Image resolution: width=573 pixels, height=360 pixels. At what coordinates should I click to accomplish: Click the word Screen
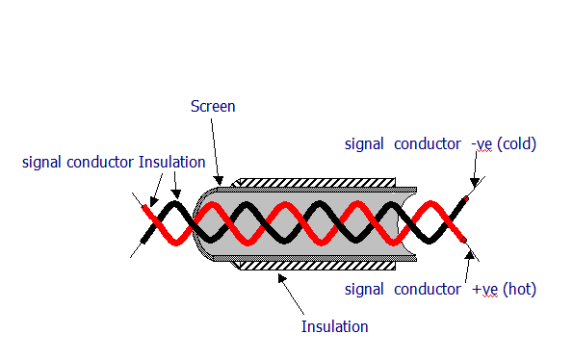click(213, 107)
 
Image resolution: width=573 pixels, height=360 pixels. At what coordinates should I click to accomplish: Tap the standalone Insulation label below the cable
click(334, 326)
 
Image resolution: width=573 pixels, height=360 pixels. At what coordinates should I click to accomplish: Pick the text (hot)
click(519, 289)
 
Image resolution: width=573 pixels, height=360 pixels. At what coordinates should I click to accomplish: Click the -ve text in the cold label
click(482, 144)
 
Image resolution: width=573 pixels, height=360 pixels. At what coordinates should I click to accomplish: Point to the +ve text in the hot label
click(484, 290)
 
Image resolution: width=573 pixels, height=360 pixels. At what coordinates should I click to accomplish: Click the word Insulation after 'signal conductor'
click(171, 162)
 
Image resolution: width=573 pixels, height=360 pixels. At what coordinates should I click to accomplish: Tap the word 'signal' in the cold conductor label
click(364, 144)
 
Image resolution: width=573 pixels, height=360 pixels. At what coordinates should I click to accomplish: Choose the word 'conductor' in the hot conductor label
click(428, 289)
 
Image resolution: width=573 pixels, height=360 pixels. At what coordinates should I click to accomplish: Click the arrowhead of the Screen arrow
click(219, 180)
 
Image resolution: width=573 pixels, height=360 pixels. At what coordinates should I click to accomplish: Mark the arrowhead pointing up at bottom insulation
click(282, 278)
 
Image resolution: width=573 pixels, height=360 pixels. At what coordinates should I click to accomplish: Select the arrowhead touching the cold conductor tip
click(475, 183)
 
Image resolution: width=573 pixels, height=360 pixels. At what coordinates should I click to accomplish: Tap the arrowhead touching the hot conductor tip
click(470, 255)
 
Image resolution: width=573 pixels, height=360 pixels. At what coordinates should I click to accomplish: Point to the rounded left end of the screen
click(196, 224)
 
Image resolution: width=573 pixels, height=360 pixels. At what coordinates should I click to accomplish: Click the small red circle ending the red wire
click(464, 240)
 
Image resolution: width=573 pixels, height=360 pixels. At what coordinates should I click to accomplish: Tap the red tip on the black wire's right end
click(466, 199)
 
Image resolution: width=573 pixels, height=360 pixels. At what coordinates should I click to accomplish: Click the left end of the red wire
click(144, 208)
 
